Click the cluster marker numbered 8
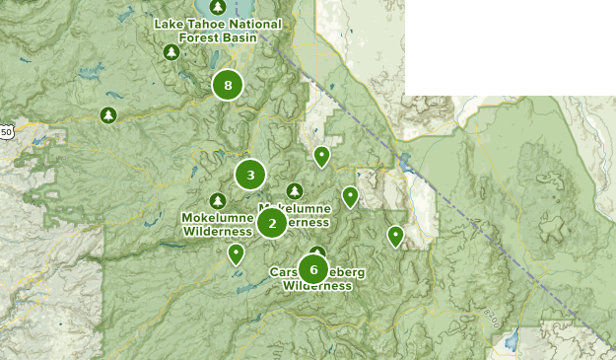(x=228, y=85)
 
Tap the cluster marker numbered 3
(x=250, y=176)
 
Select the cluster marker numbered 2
(x=272, y=223)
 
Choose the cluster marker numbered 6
(x=313, y=268)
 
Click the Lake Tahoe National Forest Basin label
(x=218, y=30)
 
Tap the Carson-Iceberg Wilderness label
(x=316, y=279)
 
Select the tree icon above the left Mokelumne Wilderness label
(x=218, y=200)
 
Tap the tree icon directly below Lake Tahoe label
(x=171, y=51)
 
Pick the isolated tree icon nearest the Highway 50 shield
(x=107, y=115)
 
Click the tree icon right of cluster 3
(x=294, y=190)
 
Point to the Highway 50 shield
(x=6, y=131)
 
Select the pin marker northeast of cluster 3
(x=321, y=156)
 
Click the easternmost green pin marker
(x=395, y=236)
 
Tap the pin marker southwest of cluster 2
(x=236, y=253)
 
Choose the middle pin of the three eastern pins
(x=350, y=197)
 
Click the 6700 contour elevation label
(x=492, y=318)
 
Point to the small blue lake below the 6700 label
(x=511, y=341)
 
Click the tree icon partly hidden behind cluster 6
(x=317, y=252)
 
